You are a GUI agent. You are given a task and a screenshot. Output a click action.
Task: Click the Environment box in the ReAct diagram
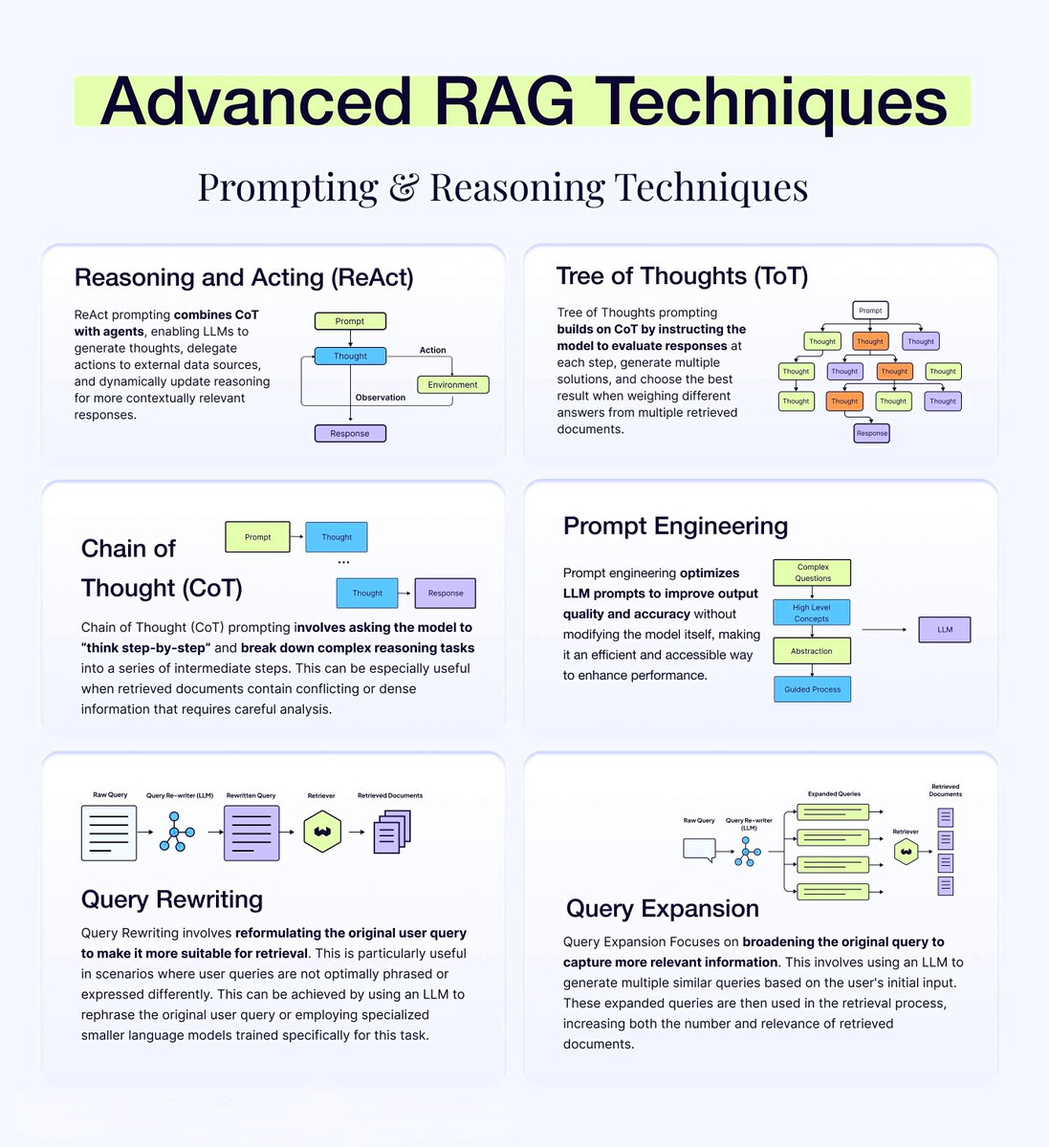(453, 384)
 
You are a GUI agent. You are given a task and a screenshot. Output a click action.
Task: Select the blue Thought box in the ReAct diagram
(350, 356)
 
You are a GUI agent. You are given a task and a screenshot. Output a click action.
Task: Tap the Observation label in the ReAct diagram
(381, 398)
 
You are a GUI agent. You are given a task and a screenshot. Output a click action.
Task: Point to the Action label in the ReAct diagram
(432, 350)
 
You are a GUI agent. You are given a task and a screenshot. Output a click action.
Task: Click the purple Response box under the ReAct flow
(350, 433)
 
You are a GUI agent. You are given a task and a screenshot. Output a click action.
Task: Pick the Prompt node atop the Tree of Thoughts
(870, 311)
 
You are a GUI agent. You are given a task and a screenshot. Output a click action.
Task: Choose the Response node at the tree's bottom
(872, 433)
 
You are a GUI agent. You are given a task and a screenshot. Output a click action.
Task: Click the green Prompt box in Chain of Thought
(257, 537)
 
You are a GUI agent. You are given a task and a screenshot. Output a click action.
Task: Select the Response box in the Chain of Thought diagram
(446, 593)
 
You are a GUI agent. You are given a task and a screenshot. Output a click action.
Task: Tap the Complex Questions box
(813, 573)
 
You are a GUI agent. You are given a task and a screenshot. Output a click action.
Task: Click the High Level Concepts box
(811, 613)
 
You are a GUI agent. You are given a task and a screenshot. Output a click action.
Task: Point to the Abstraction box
(811, 651)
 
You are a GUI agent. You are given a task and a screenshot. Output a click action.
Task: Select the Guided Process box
(812, 689)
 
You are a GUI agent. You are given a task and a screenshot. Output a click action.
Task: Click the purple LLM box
(945, 629)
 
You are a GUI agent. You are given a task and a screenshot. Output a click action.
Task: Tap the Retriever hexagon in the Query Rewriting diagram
(322, 832)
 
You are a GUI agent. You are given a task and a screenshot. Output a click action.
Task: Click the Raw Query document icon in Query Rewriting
(109, 833)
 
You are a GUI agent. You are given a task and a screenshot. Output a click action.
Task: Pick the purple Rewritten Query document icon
(251, 833)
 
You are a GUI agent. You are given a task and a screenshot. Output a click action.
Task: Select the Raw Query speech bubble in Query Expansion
(699, 850)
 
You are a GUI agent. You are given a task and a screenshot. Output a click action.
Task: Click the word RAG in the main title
(500, 101)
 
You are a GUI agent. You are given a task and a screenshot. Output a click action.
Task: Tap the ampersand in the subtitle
(404, 187)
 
